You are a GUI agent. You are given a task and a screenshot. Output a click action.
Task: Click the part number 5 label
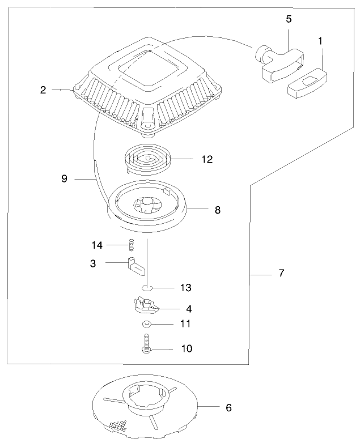coord(289,19)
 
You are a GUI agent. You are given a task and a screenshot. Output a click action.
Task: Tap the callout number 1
coord(321,41)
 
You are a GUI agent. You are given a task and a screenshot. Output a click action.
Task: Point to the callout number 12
coord(206,159)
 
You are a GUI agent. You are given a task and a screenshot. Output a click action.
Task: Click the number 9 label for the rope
coord(64,178)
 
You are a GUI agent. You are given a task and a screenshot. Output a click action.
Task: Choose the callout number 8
coord(217,210)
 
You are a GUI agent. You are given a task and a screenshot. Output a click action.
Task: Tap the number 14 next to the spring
coord(97,245)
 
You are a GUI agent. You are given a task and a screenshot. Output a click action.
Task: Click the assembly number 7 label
coord(281,273)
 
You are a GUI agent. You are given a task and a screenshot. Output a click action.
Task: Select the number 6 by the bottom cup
coord(228,407)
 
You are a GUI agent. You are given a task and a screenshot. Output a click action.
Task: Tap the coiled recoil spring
coord(146,158)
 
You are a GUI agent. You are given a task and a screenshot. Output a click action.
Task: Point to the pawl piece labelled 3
coord(135,265)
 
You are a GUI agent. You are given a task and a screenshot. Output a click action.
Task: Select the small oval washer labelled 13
coord(147,288)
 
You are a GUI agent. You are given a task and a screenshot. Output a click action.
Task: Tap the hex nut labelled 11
coord(146,324)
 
